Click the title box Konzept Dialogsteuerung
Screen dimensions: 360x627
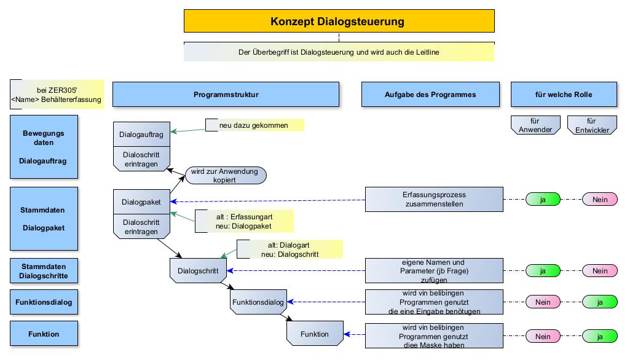[x=338, y=22]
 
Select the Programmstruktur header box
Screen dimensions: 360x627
[x=226, y=95]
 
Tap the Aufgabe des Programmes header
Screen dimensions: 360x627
[x=430, y=95]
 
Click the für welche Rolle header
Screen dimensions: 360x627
[x=564, y=95]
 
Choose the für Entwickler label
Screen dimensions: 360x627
[x=591, y=125]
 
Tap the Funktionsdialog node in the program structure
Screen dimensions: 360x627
[x=258, y=302]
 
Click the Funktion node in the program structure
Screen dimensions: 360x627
[x=314, y=334]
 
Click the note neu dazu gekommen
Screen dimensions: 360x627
[x=255, y=125]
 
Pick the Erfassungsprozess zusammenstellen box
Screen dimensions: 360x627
[x=434, y=199]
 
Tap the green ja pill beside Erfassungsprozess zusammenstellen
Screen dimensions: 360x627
[x=543, y=199]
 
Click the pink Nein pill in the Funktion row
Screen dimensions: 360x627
[x=543, y=336]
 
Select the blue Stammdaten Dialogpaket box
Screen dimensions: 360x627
[x=44, y=219]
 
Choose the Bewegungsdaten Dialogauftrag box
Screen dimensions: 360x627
[x=44, y=147]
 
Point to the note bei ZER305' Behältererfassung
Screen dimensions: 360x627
[x=56, y=95]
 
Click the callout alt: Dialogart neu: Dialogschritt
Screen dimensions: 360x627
[x=290, y=249]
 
